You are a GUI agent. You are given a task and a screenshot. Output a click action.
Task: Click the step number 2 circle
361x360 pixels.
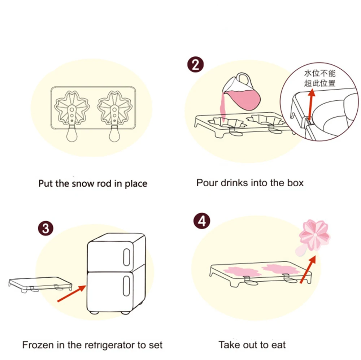[195, 65]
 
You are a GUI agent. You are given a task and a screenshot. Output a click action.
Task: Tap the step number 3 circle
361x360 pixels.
[46, 228]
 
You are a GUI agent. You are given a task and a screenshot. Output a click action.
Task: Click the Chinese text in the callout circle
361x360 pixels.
[319, 78]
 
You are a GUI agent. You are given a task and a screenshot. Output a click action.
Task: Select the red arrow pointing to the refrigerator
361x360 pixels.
[71, 292]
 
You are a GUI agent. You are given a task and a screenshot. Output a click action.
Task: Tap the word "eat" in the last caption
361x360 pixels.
[278, 345]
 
